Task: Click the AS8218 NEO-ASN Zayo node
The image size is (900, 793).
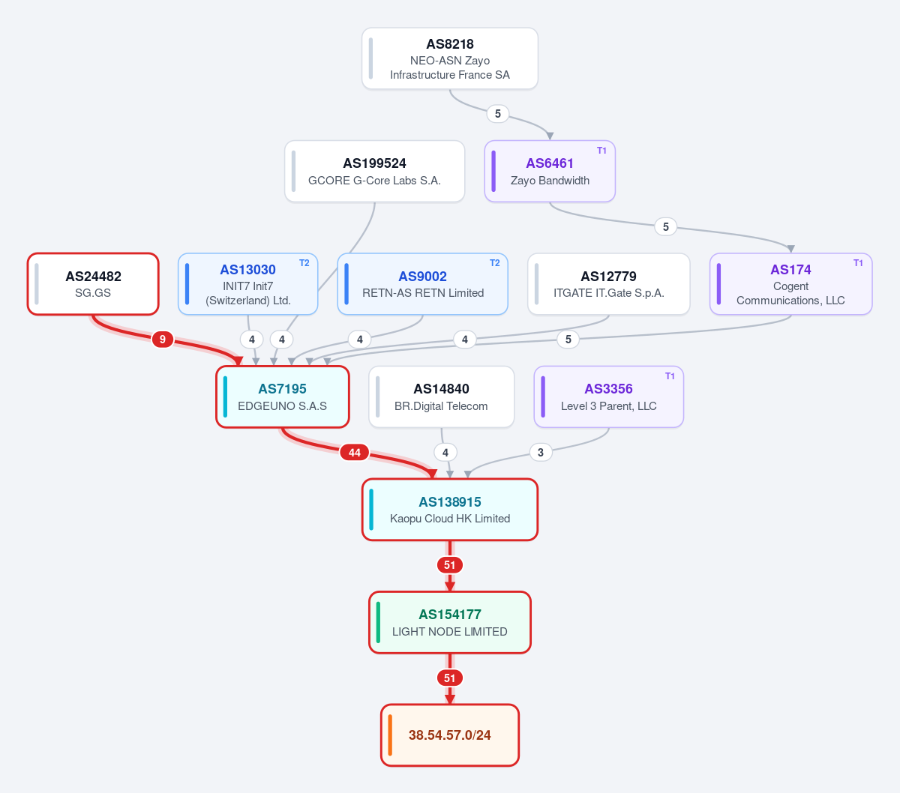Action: (x=449, y=58)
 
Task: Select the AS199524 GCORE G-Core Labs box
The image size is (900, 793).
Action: (x=374, y=172)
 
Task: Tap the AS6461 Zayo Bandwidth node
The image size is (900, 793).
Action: (x=550, y=172)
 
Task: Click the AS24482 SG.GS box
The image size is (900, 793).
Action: (x=93, y=284)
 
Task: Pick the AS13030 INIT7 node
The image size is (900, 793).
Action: (x=248, y=284)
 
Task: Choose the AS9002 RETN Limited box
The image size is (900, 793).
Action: (x=422, y=284)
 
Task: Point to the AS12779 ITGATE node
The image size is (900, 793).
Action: (x=608, y=284)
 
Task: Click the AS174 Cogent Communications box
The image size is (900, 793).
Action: (x=790, y=284)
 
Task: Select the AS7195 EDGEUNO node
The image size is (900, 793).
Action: (x=283, y=397)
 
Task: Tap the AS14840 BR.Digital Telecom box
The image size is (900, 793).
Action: (x=441, y=397)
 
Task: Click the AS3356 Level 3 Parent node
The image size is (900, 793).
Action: (x=608, y=397)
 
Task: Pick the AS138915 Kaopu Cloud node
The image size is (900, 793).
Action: (x=449, y=510)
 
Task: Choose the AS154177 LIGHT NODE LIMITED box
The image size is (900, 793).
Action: (x=449, y=623)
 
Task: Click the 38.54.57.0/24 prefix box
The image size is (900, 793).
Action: (x=449, y=735)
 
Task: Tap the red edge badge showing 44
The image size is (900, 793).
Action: (x=355, y=453)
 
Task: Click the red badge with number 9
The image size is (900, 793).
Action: (x=163, y=340)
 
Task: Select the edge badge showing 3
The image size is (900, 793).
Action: (x=541, y=453)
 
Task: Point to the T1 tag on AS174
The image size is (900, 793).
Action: (x=858, y=263)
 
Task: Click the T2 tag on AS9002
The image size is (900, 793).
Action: (x=494, y=263)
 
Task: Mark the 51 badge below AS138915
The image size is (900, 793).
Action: (x=449, y=565)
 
